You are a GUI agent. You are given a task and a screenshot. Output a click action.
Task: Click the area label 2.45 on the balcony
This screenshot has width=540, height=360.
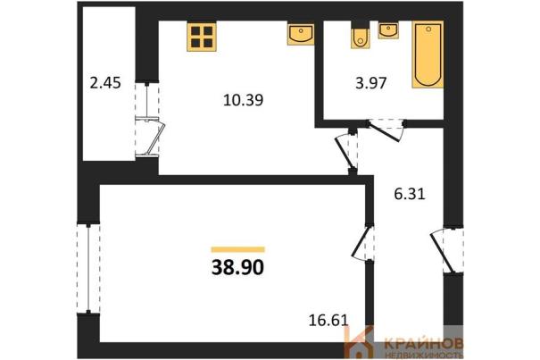[105, 83]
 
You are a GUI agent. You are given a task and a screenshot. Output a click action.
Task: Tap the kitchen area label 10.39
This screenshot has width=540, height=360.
[243, 100]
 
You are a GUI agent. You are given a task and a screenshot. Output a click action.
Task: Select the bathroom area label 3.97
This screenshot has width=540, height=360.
[371, 83]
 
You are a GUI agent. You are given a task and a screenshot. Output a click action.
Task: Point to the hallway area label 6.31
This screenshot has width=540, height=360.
[410, 194]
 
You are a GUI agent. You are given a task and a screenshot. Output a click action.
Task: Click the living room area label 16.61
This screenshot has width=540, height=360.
[328, 321]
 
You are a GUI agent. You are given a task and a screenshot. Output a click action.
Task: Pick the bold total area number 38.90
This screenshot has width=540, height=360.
[237, 267]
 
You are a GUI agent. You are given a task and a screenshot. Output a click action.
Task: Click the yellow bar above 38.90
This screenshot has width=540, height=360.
[238, 249]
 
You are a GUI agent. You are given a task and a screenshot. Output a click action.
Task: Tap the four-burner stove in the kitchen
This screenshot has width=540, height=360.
[202, 37]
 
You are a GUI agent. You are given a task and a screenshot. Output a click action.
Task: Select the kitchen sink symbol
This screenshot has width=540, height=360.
[301, 33]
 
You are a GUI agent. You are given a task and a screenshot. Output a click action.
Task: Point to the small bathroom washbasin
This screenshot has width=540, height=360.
[388, 30]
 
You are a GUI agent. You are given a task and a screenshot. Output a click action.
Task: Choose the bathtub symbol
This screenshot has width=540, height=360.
[428, 54]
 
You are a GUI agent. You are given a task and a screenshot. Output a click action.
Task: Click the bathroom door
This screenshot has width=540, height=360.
[386, 130]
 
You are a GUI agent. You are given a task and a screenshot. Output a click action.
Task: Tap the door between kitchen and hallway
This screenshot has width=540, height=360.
[347, 152]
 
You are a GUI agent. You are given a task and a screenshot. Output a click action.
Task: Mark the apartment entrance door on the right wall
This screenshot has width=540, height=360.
[446, 250]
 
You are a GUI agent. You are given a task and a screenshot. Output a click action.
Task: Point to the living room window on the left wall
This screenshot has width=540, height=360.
[88, 269]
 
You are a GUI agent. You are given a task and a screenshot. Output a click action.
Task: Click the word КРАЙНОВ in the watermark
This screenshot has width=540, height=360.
[423, 343]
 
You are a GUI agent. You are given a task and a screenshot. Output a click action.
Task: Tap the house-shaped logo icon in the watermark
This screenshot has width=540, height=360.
[359, 343]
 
